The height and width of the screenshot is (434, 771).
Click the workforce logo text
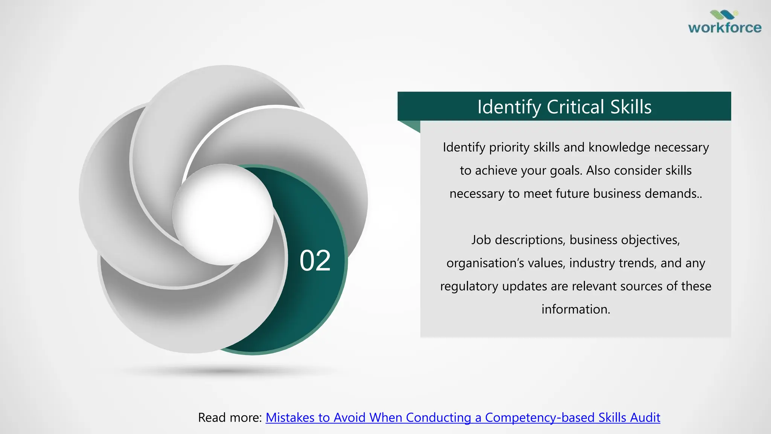tap(725, 28)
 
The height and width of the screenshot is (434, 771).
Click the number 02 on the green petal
tap(315, 261)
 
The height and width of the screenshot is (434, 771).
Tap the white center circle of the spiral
tap(223, 214)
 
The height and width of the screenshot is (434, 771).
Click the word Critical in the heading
tap(576, 107)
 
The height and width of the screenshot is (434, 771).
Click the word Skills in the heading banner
tap(631, 107)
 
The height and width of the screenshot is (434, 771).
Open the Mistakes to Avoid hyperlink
tap(463, 417)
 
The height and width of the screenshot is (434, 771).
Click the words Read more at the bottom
tap(230, 417)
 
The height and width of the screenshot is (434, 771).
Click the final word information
tap(575, 309)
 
